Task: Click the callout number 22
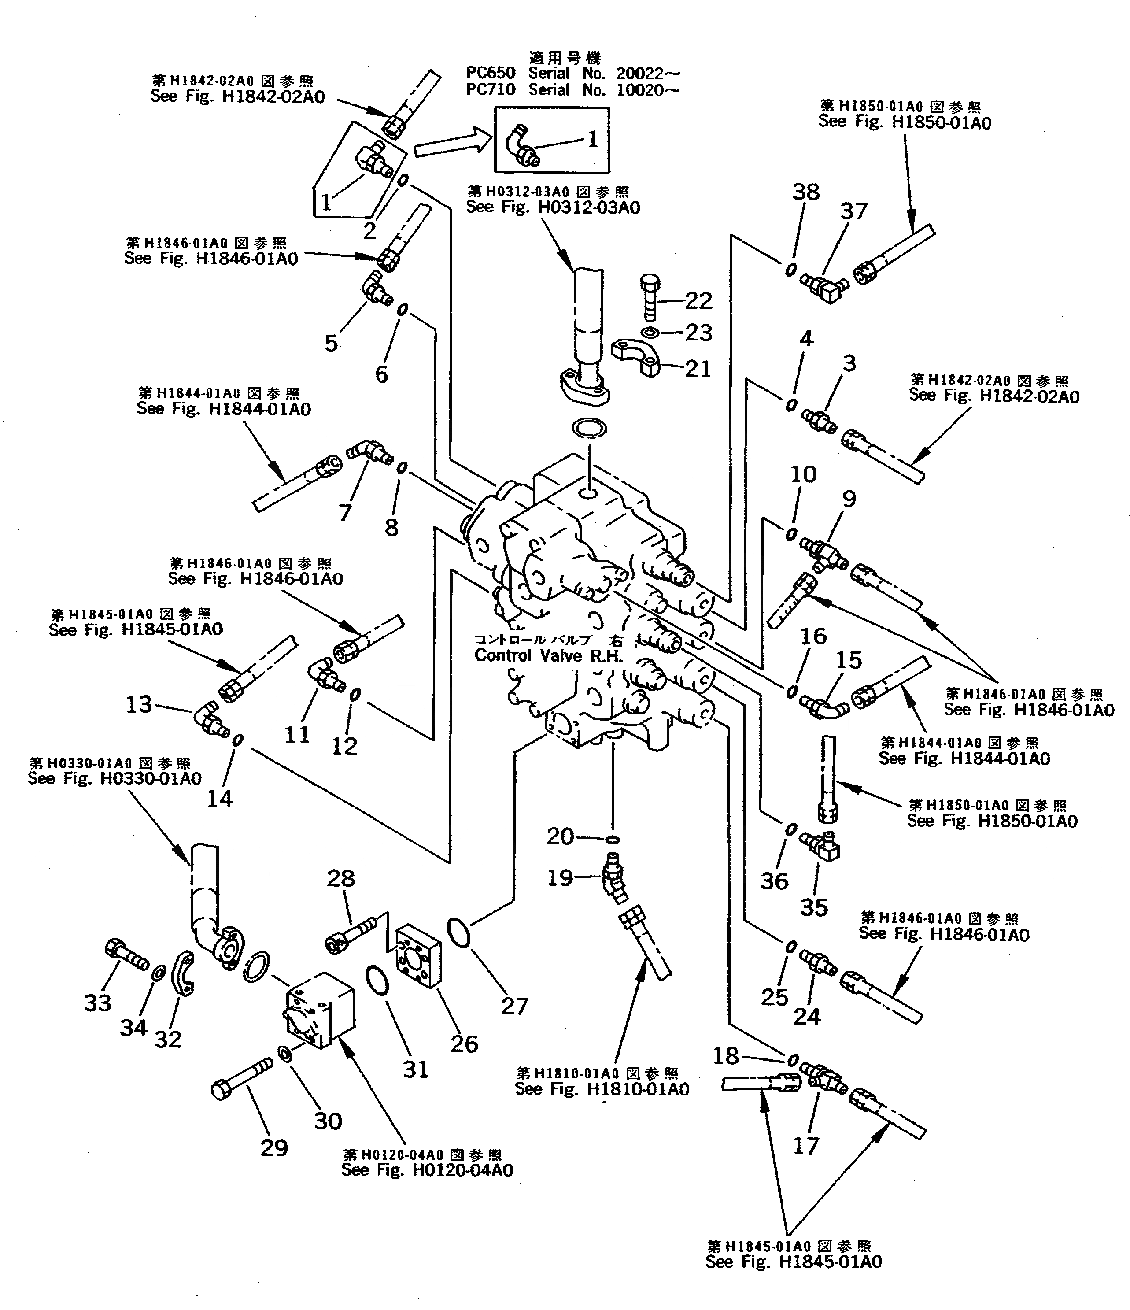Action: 698,300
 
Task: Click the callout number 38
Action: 806,192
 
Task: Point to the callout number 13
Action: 139,704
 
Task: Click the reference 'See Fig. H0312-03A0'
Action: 553,208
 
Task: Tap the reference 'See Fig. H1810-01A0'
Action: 602,1089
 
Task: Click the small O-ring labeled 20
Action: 612,840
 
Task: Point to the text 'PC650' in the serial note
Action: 491,73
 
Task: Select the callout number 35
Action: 814,908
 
